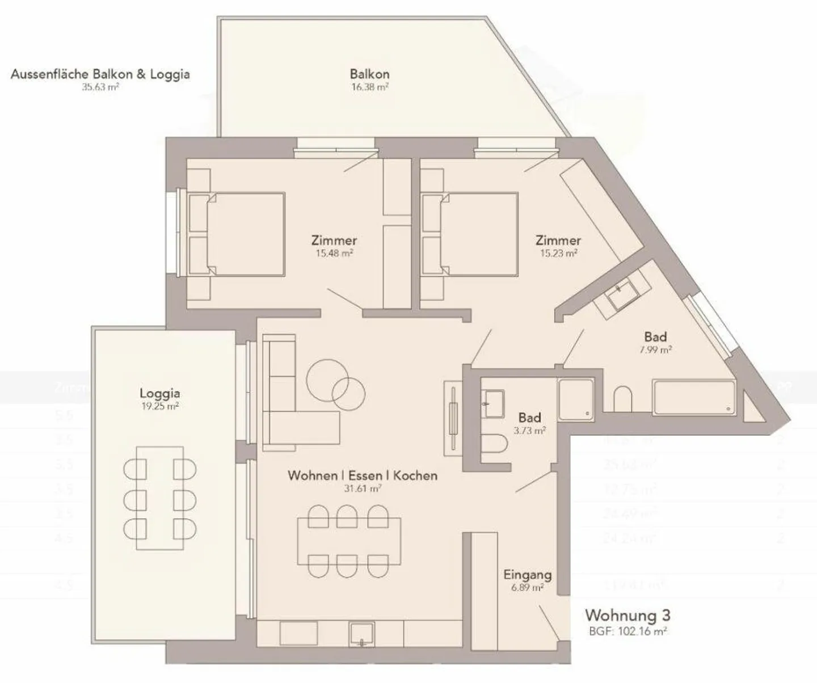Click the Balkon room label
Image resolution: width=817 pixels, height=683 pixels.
pyautogui.click(x=369, y=74)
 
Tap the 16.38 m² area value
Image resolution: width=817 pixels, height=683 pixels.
pyautogui.click(x=369, y=87)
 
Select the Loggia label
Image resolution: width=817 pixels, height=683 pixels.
pyautogui.click(x=160, y=393)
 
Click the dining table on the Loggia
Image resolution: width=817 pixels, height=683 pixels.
pyautogui.click(x=160, y=498)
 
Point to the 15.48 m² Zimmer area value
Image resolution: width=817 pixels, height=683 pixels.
pyautogui.click(x=334, y=254)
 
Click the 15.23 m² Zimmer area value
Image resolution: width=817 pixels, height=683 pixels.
pyautogui.click(x=558, y=254)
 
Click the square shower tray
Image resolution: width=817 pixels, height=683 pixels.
pyautogui.click(x=576, y=399)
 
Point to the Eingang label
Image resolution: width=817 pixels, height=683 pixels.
pyautogui.click(x=527, y=575)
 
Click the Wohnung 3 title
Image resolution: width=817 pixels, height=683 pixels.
pyautogui.click(x=628, y=615)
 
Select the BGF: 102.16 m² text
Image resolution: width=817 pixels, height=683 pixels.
pyautogui.click(x=628, y=631)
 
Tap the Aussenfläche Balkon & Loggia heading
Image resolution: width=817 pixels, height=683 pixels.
pyautogui.click(x=100, y=74)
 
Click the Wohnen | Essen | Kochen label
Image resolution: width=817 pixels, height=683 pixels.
pyautogui.click(x=363, y=475)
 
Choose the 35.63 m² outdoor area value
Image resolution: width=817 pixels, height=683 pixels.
pyautogui.click(x=100, y=87)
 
